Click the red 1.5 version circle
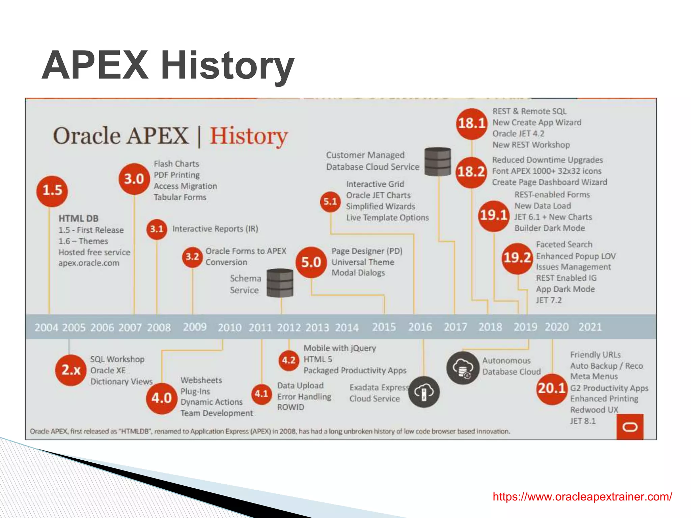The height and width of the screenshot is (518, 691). pyautogui.click(x=52, y=191)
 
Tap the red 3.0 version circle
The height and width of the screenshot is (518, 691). pyautogui.click(x=134, y=179)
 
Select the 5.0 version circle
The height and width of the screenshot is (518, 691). pyautogui.click(x=311, y=262)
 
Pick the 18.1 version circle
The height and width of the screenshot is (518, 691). pyautogui.click(x=472, y=123)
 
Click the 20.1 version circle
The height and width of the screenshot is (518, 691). pyautogui.click(x=552, y=388)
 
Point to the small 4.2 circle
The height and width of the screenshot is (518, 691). pyautogui.click(x=289, y=360)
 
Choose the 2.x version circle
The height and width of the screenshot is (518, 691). pyautogui.click(x=71, y=370)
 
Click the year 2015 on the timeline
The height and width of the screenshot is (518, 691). pyautogui.click(x=384, y=327)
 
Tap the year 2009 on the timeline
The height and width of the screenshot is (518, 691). pyautogui.click(x=195, y=327)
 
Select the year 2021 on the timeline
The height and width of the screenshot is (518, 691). pyautogui.click(x=590, y=327)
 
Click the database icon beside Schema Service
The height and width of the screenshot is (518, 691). pyautogui.click(x=280, y=283)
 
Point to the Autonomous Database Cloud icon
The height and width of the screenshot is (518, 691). pyautogui.click(x=463, y=368)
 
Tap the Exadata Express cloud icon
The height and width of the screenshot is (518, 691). pyautogui.click(x=424, y=392)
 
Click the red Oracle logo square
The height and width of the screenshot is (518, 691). pyautogui.click(x=630, y=427)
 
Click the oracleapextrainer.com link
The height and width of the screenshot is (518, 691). pyautogui.click(x=582, y=496)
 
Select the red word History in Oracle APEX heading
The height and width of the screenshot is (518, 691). pyautogui.click(x=249, y=136)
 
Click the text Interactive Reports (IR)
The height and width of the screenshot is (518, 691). pyautogui.click(x=215, y=229)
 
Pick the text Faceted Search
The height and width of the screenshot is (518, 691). pyautogui.click(x=564, y=244)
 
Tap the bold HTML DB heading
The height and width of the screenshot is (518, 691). pyautogui.click(x=78, y=219)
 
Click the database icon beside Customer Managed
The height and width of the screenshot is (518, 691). pyautogui.click(x=438, y=162)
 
